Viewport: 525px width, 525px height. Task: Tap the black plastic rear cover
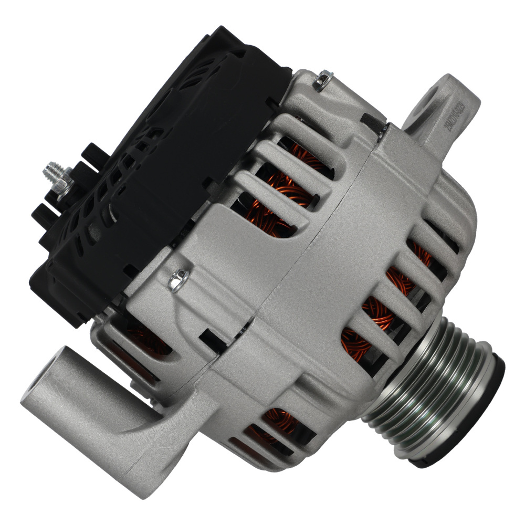[157, 173]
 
